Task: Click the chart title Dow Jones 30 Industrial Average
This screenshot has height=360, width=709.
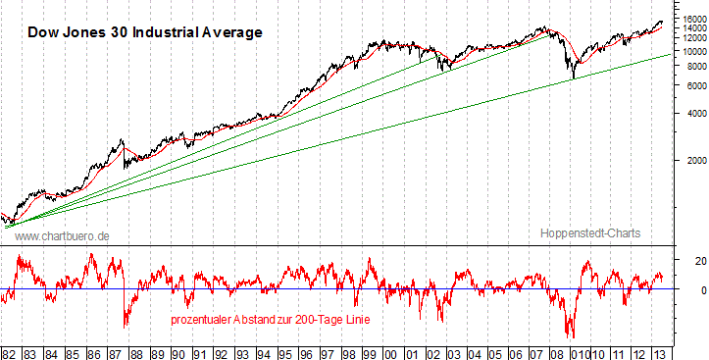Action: (144, 32)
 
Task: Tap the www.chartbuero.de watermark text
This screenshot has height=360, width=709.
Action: (63, 236)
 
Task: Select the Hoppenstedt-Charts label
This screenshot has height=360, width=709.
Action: (589, 233)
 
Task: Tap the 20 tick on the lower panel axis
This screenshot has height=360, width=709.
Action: (689, 260)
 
